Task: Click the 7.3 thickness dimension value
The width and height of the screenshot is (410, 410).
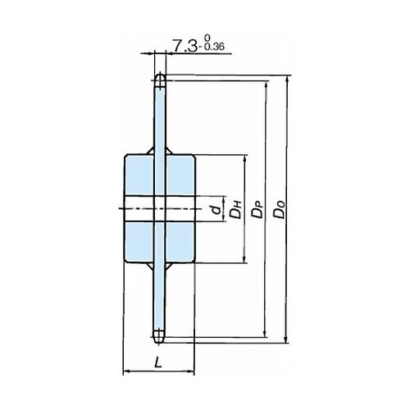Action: (x=184, y=46)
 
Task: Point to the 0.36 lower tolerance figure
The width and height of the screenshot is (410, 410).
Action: (x=214, y=48)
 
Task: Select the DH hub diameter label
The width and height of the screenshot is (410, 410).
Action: (x=235, y=209)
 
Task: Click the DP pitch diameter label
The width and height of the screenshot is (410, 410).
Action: (x=257, y=209)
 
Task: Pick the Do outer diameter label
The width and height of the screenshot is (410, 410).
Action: (x=280, y=209)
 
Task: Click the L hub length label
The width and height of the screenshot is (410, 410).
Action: (x=158, y=362)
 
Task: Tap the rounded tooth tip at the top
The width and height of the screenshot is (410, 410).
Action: (x=160, y=80)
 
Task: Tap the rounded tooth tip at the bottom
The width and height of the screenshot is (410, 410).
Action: (x=158, y=337)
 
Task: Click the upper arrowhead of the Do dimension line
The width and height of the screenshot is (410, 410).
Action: (x=286, y=80)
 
